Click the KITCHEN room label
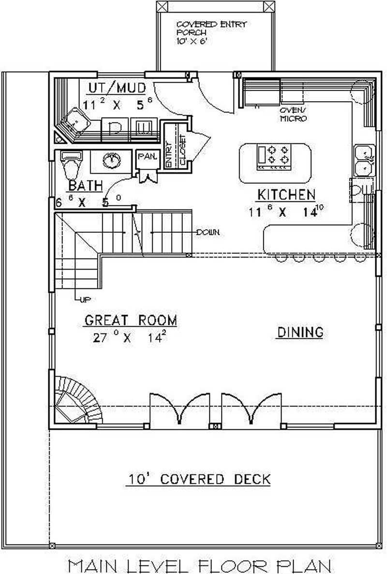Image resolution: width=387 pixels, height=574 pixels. point(286,195)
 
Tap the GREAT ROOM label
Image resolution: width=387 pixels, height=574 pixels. point(131,320)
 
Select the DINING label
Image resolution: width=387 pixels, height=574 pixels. point(300,332)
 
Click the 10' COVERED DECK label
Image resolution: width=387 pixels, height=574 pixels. point(199,479)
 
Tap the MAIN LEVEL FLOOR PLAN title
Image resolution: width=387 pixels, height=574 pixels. point(199,565)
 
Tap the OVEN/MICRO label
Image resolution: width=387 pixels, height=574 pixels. point(293,114)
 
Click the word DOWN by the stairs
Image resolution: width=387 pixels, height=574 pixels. point(208,233)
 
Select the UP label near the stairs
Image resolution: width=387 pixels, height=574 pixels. point(85,299)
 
